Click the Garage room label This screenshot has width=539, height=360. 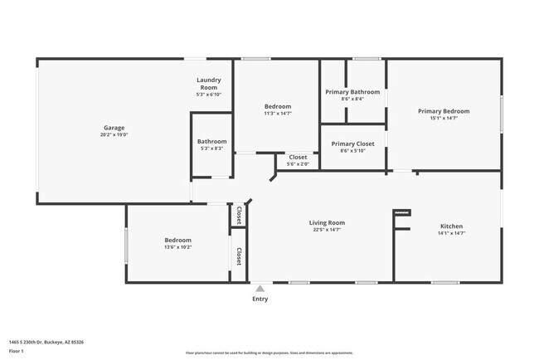pos(114,128)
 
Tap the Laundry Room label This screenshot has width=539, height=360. pos(207,84)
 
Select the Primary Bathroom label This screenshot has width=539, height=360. pos(352,92)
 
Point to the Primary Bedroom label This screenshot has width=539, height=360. pos(444,111)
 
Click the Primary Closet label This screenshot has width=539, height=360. pos(352,144)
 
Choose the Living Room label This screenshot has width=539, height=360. pos(327,222)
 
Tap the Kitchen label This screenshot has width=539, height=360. pos(451,226)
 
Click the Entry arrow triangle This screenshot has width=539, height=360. pos(260,288)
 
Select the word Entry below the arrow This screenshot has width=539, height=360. pos(260,299)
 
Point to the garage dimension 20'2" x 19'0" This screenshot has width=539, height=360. pos(114,134)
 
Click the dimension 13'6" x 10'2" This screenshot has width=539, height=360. pos(178,247)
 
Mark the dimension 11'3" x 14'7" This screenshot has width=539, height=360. pos(278,114)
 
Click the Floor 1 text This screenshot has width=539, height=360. pos(17,351)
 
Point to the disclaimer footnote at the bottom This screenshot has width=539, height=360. pos(269,353)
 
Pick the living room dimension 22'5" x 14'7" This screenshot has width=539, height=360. pos(327,230)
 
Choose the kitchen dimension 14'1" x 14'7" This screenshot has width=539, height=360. pos(451,233)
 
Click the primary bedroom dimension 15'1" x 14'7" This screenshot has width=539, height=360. pos(444,118)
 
